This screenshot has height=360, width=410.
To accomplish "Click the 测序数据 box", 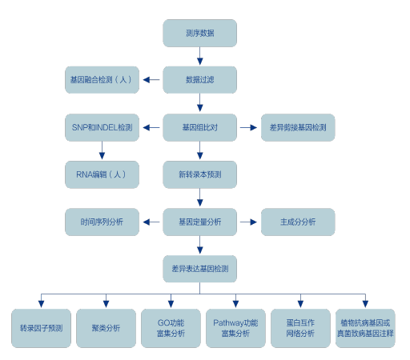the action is pos(199,33).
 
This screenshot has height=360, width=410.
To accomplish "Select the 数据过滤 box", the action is pos(199,80).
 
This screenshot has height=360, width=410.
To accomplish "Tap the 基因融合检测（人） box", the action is pos(102,80).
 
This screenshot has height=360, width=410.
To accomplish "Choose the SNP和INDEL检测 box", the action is pos(102,127).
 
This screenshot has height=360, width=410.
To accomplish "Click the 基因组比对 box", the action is pos(199,127).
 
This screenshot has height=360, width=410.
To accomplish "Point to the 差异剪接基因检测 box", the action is pos(298,127).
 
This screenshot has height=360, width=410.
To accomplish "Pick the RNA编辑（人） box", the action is pos(102,174).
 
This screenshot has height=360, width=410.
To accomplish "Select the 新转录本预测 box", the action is pos(199,174).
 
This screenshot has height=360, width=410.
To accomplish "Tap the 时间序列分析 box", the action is pos(102,222).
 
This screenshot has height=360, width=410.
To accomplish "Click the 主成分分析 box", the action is pos(298,222).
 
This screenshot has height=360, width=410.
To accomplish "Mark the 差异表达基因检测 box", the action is pos(199,269).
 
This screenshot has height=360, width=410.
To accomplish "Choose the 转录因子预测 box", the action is pos(41,328).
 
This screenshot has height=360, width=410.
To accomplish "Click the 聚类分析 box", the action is pos(106,328).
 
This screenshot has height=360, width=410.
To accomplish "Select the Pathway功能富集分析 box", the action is pos(235,328).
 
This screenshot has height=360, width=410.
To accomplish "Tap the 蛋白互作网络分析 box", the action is pos(300,328).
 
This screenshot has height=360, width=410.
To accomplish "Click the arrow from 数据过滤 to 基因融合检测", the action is pos(151,80).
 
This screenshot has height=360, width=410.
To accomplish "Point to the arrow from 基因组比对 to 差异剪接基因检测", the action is pos(248,127).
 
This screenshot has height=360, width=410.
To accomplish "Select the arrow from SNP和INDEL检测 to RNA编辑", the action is pos(102,150).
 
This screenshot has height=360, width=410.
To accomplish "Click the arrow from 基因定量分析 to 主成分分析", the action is pos(248,222).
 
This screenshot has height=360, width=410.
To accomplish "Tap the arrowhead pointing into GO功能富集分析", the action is pos(171,304).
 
